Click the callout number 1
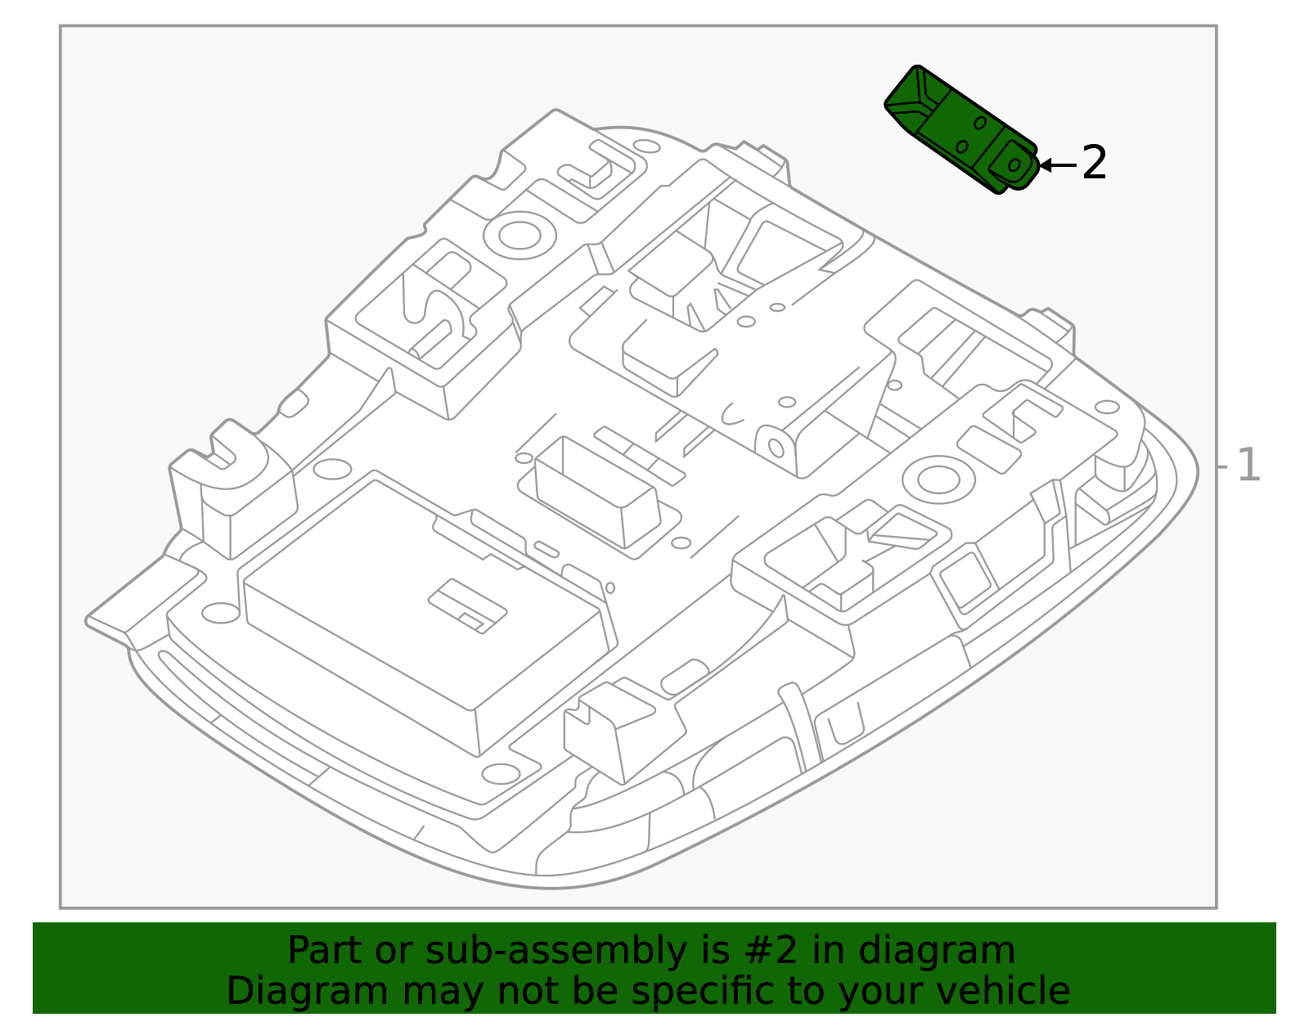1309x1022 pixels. [x=1248, y=466]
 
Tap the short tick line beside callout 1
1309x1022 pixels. [x=1222, y=466]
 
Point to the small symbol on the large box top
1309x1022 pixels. [x=467, y=606]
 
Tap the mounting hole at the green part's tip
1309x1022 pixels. [x=1014, y=164]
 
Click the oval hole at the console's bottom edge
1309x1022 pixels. [x=500, y=772]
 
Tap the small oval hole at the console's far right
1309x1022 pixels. [x=1106, y=407]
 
